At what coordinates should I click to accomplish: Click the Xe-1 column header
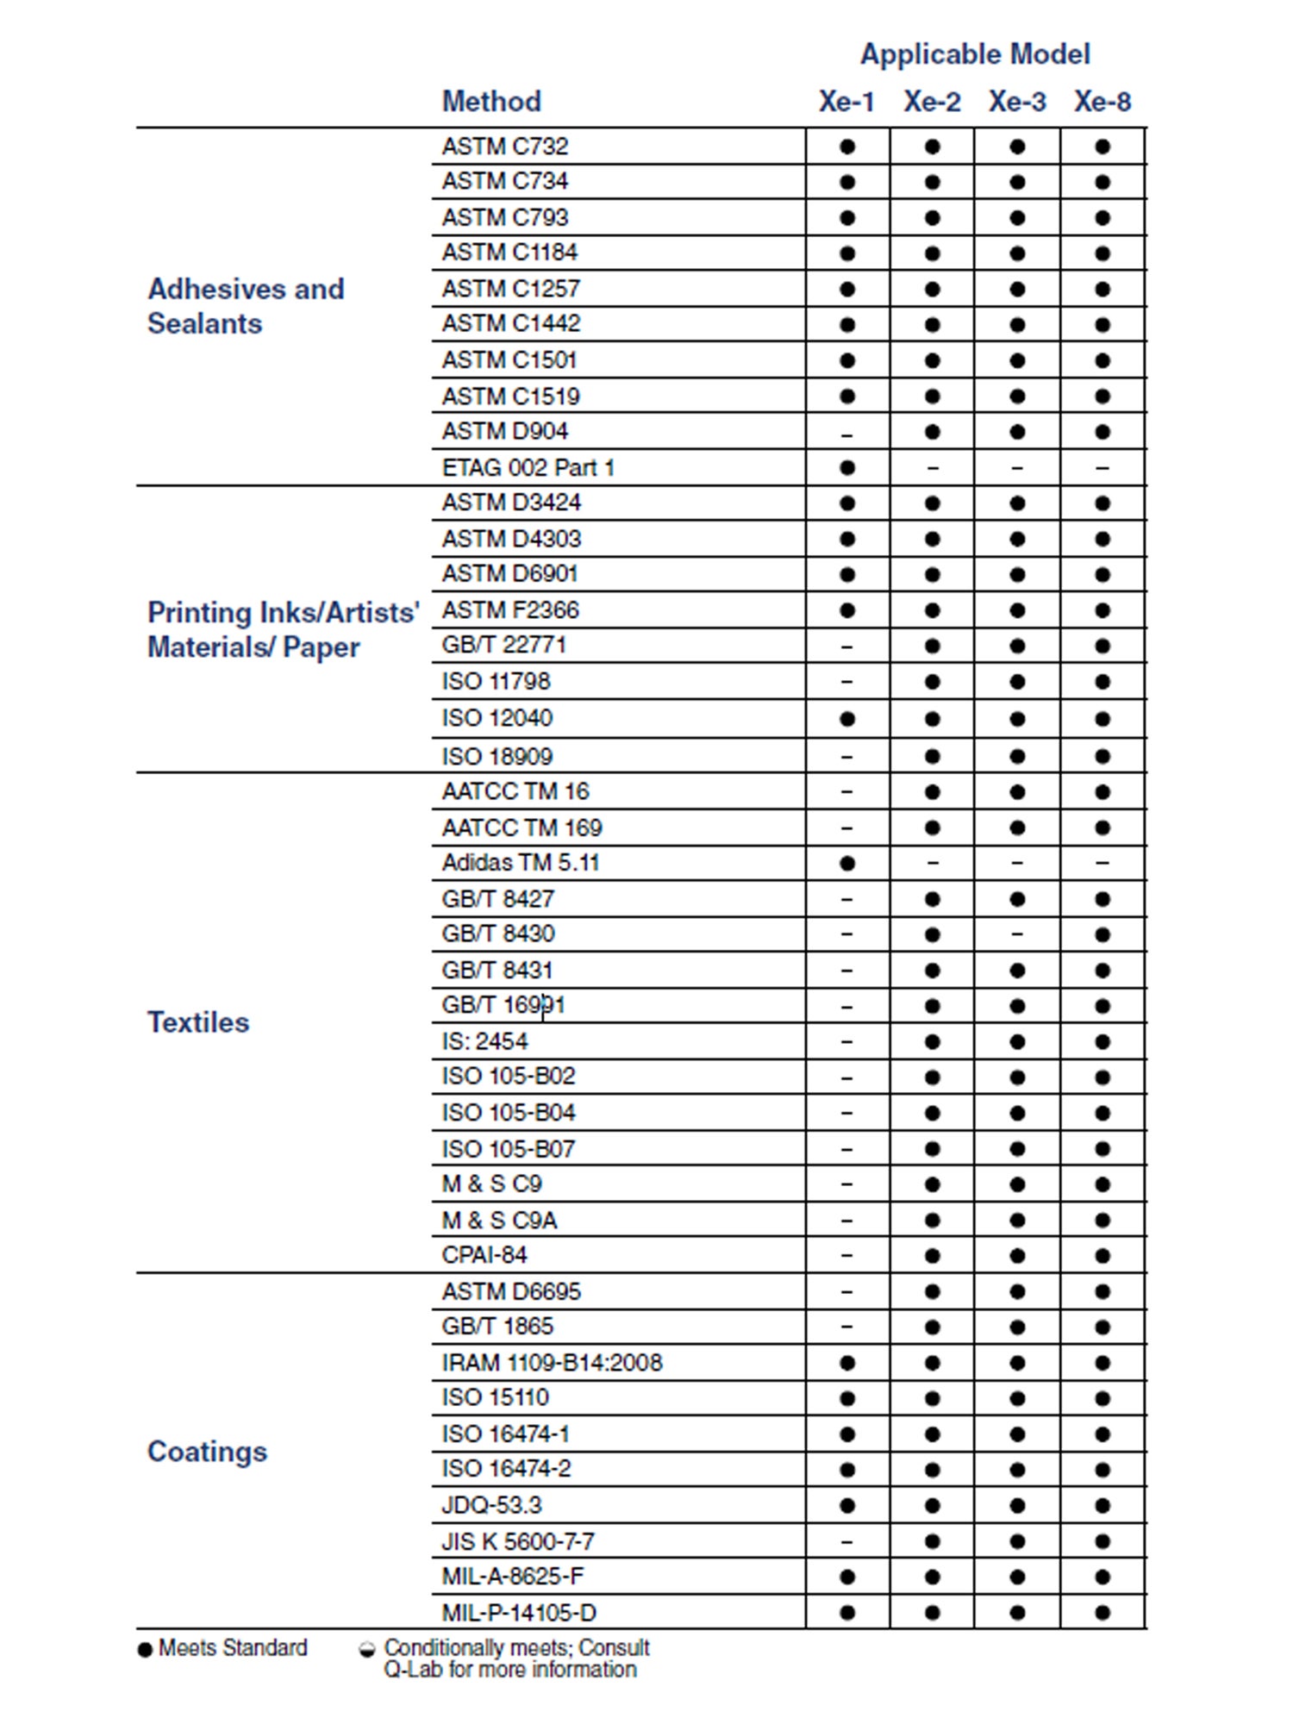(x=846, y=102)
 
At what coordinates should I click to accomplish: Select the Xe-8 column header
(x=1102, y=102)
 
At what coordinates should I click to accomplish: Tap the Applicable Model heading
(x=975, y=54)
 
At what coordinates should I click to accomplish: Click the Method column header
(x=491, y=102)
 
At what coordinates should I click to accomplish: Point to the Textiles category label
(x=198, y=1022)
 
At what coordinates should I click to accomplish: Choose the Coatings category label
(x=207, y=1452)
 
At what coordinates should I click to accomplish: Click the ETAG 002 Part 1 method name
(x=528, y=468)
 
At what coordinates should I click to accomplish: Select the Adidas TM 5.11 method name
(x=520, y=863)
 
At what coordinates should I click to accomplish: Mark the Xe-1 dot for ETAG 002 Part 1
(x=847, y=468)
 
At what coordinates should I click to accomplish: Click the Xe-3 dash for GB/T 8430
(x=1017, y=934)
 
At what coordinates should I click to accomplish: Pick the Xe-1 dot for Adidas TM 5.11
(x=847, y=863)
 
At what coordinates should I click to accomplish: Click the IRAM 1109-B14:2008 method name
(x=552, y=1363)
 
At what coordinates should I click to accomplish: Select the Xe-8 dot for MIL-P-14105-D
(x=1102, y=1613)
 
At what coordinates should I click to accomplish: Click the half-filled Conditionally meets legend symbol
(x=367, y=1650)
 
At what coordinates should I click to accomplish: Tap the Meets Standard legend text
(x=233, y=1648)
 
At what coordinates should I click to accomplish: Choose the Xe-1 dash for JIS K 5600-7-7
(x=847, y=1542)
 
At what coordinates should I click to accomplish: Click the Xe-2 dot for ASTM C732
(x=932, y=147)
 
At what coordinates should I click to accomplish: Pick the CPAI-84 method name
(x=484, y=1255)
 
